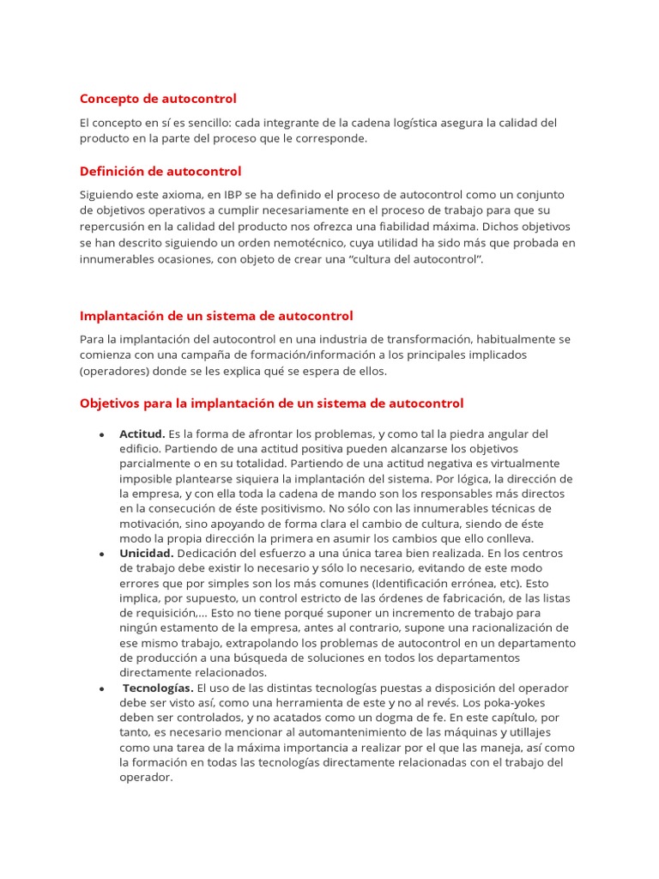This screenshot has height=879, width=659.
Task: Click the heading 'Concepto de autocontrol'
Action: pyautogui.click(x=158, y=99)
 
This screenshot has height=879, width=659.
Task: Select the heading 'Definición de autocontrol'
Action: pyautogui.click(x=160, y=171)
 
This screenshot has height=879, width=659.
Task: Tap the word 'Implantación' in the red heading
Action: pyautogui.click(x=120, y=316)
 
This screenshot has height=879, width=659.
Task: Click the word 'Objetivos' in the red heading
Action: pyautogui.click(x=110, y=403)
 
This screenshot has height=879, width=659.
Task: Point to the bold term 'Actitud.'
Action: pyautogui.click(x=142, y=433)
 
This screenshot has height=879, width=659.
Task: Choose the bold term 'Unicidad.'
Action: pyautogui.click(x=147, y=553)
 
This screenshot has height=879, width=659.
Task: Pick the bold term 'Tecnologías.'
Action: pyautogui.click(x=159, y=688)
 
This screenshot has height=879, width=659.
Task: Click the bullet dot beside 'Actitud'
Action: pyautogui.click(x=102, y=434)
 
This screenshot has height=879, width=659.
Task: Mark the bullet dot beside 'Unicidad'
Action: pyautogui.click(x=102, y=554)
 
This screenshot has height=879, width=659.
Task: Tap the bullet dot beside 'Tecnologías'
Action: pyautogui.click(x=102, y=688)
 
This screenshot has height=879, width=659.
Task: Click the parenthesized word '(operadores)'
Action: pyautogui.click(x=114, y=371)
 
